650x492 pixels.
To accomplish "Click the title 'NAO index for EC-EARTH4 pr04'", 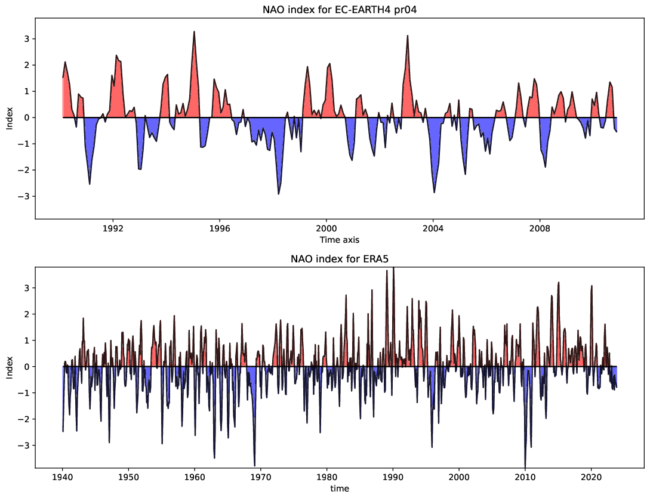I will coord(340,10).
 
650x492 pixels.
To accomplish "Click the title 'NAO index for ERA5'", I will coord(340,259).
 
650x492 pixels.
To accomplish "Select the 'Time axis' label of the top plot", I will coord(340,239).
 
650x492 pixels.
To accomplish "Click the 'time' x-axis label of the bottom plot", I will coord(340,488).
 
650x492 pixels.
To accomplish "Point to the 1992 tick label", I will coord(113,228).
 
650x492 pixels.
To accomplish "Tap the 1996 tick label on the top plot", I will coord(220,228).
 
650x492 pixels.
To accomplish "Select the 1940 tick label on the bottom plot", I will coord(63,476).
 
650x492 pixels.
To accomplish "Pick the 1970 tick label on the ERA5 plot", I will coord(261,476).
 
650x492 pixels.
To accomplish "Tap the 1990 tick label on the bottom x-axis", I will coord(393,476).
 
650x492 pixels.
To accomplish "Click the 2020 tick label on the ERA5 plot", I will coord(591,476).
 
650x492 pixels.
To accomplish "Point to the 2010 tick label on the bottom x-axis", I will coord(525,476).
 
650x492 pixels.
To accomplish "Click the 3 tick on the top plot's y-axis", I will coord(26,39).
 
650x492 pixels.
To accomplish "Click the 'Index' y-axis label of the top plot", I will coord(10,118).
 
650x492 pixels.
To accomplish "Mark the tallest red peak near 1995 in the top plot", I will coord(195,32).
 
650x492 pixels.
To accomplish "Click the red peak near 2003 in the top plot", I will coord(408,36).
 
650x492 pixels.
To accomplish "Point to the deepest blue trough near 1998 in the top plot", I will coord(279,193).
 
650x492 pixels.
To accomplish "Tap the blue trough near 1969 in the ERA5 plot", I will coord(255,465).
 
